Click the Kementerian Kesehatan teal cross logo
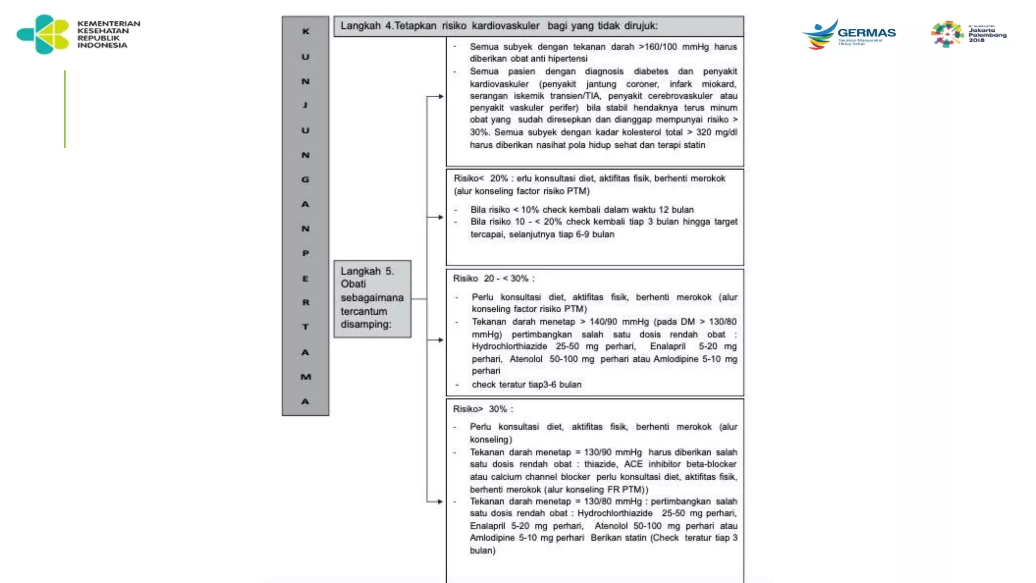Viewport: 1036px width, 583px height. pos(43,34)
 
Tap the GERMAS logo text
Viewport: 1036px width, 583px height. pos(867,33)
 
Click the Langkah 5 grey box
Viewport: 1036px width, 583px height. pos(372,298)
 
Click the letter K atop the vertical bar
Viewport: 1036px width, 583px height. pos(306,31)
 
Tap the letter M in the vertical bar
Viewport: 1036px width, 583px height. pos(306,377)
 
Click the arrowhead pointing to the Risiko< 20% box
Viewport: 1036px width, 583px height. pos(441,217)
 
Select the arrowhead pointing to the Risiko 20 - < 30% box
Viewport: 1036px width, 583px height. pos(441,340)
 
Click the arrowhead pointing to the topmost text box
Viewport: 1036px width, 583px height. pos(441,96)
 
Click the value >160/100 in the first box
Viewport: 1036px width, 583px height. pos(658,47)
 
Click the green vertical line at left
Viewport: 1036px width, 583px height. pos(65,109)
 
